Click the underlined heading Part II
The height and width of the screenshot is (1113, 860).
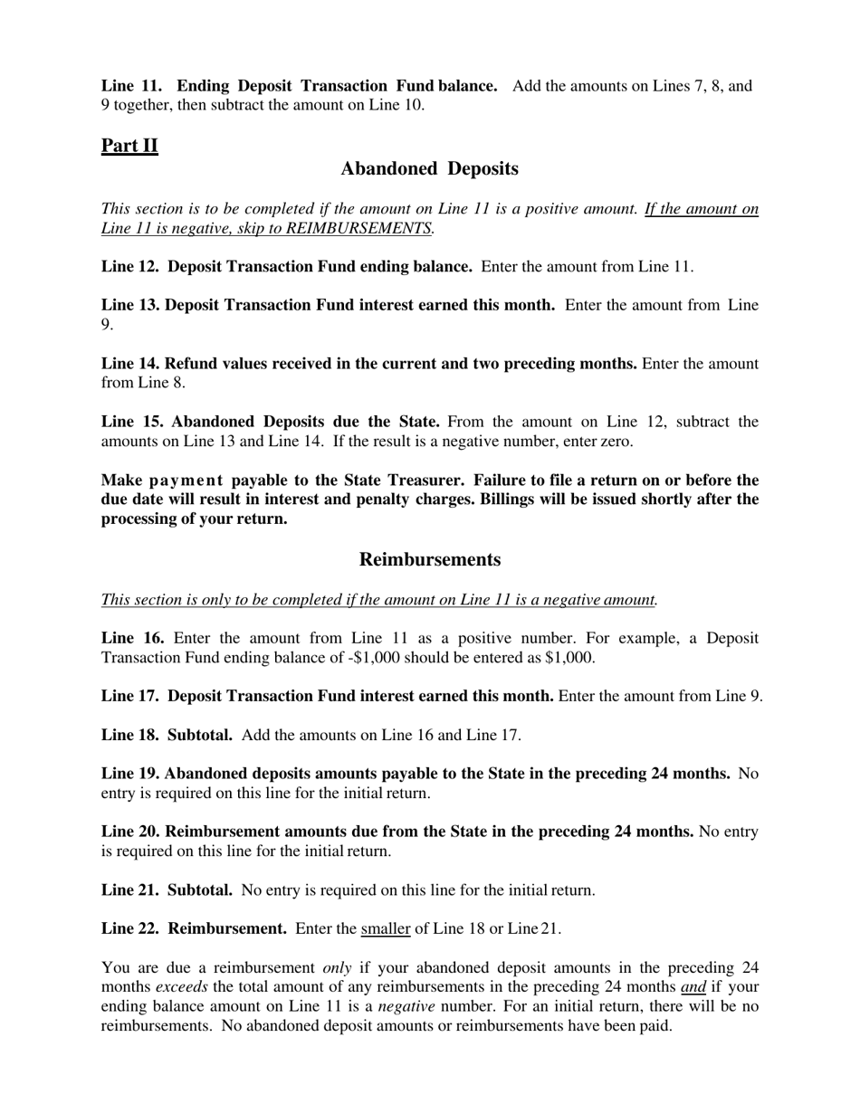tap(129, 146)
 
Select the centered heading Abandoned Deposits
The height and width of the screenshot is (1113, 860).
tap(430, 168)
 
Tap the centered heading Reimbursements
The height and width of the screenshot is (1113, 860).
tap(430, 559)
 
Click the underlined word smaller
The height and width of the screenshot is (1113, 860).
tap(386, 928)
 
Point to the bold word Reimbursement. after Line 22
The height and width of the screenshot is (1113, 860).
tap(228, 928)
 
